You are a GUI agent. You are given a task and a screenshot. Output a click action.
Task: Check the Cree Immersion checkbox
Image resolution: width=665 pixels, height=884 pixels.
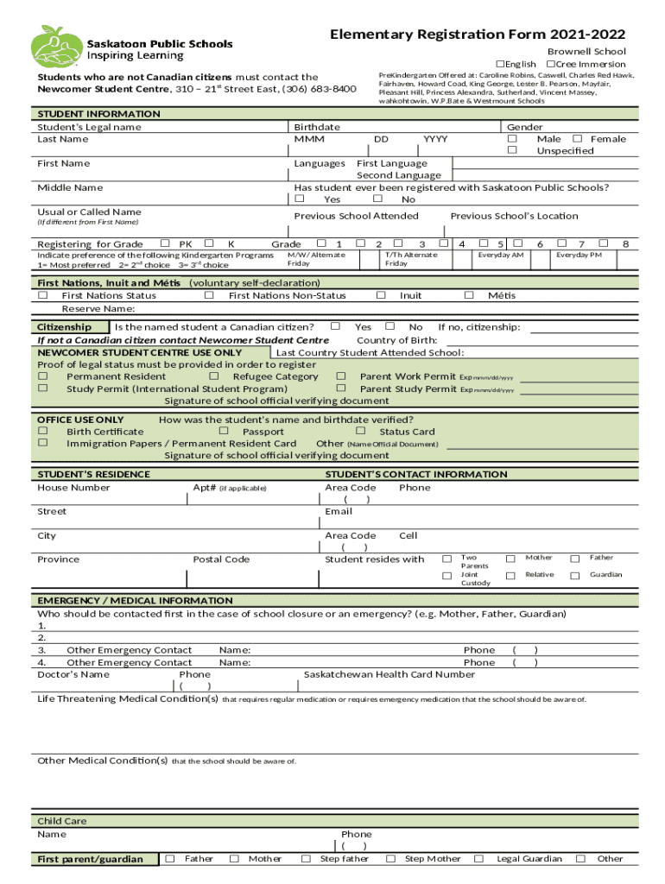(550, 65)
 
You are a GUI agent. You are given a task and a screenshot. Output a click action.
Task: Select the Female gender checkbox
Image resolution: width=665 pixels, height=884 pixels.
(577, 139)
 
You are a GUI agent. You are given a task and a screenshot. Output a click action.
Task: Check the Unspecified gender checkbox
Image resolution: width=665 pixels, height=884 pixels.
(512, 151)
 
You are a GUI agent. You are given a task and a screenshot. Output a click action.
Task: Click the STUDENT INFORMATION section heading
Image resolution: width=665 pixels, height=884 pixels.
(98, 114)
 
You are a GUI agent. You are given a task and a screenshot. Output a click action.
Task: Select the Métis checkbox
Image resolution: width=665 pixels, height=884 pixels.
(469, 295)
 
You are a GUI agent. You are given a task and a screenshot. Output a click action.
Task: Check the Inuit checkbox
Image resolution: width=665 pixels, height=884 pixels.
(381, 295)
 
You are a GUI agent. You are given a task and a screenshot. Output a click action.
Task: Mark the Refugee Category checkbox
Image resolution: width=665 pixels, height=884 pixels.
(214, 376)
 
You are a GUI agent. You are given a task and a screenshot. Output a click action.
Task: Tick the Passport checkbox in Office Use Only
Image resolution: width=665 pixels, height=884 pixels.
(224, 431)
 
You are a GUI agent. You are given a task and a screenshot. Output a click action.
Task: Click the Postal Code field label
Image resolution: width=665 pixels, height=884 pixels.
(221, 559)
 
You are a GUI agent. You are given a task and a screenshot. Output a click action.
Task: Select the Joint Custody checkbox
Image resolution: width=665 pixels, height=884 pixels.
(447, 575)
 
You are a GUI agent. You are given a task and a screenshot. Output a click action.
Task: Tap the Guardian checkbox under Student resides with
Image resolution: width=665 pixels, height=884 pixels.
(574, 575)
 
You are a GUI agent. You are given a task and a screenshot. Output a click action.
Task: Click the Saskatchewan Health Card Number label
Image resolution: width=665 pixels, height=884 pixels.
(389, 675)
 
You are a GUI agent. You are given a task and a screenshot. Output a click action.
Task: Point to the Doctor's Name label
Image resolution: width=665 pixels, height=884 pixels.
(73, 675)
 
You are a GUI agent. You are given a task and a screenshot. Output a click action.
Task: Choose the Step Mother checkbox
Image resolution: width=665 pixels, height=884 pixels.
(390, 859)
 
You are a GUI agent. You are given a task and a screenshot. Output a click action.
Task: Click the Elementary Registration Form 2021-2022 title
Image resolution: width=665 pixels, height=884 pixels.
(478, 35)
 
